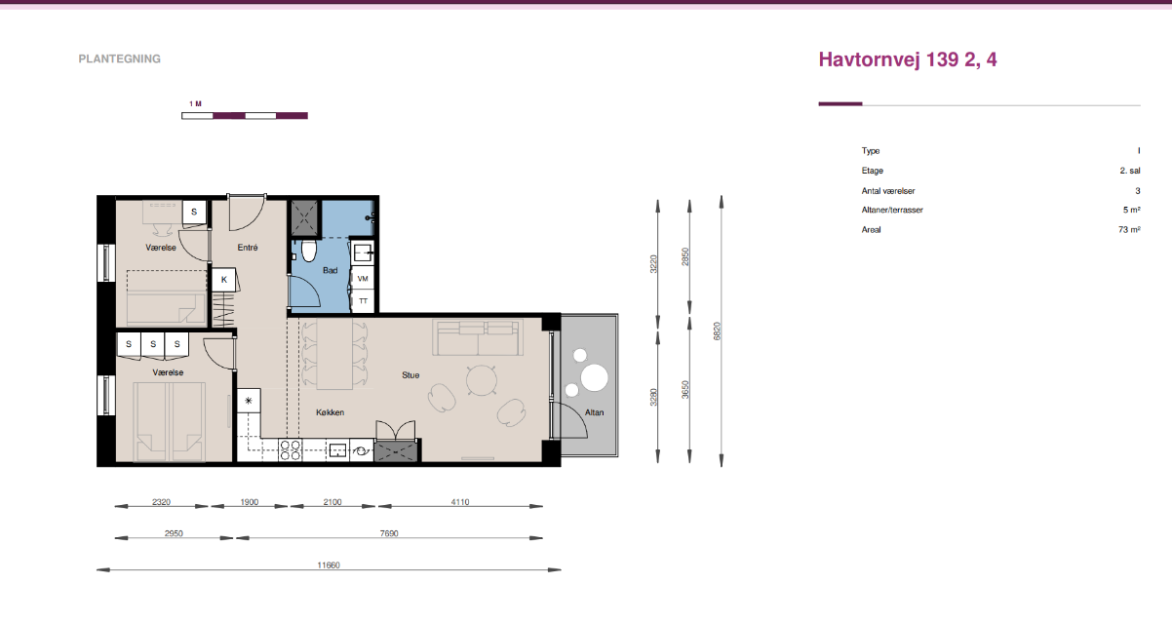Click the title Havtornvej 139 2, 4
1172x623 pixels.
point(908,59)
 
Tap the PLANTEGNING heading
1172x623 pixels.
point(119,59)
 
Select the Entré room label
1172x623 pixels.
point(248,248)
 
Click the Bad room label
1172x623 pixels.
point(331,270)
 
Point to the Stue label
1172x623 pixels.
point(410,375)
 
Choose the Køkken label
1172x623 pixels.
point(331,412)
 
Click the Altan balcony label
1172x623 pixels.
point(595,412)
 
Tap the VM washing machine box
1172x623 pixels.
point(363,279)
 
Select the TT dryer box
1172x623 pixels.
point(363,301)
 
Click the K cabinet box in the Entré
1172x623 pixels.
point(224,280)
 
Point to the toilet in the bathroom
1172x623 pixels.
point(309,252)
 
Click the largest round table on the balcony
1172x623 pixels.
point(595,378)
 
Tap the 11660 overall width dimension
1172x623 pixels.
point(329,565)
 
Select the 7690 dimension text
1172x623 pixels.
point(389,533)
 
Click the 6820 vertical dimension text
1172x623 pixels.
point(717,331)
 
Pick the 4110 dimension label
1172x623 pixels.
point(460,502)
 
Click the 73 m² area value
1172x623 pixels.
point(1129,230)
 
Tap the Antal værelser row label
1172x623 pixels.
point(888,191)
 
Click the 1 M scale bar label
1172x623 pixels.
point(196,104)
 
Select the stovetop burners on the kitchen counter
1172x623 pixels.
point(290,449)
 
